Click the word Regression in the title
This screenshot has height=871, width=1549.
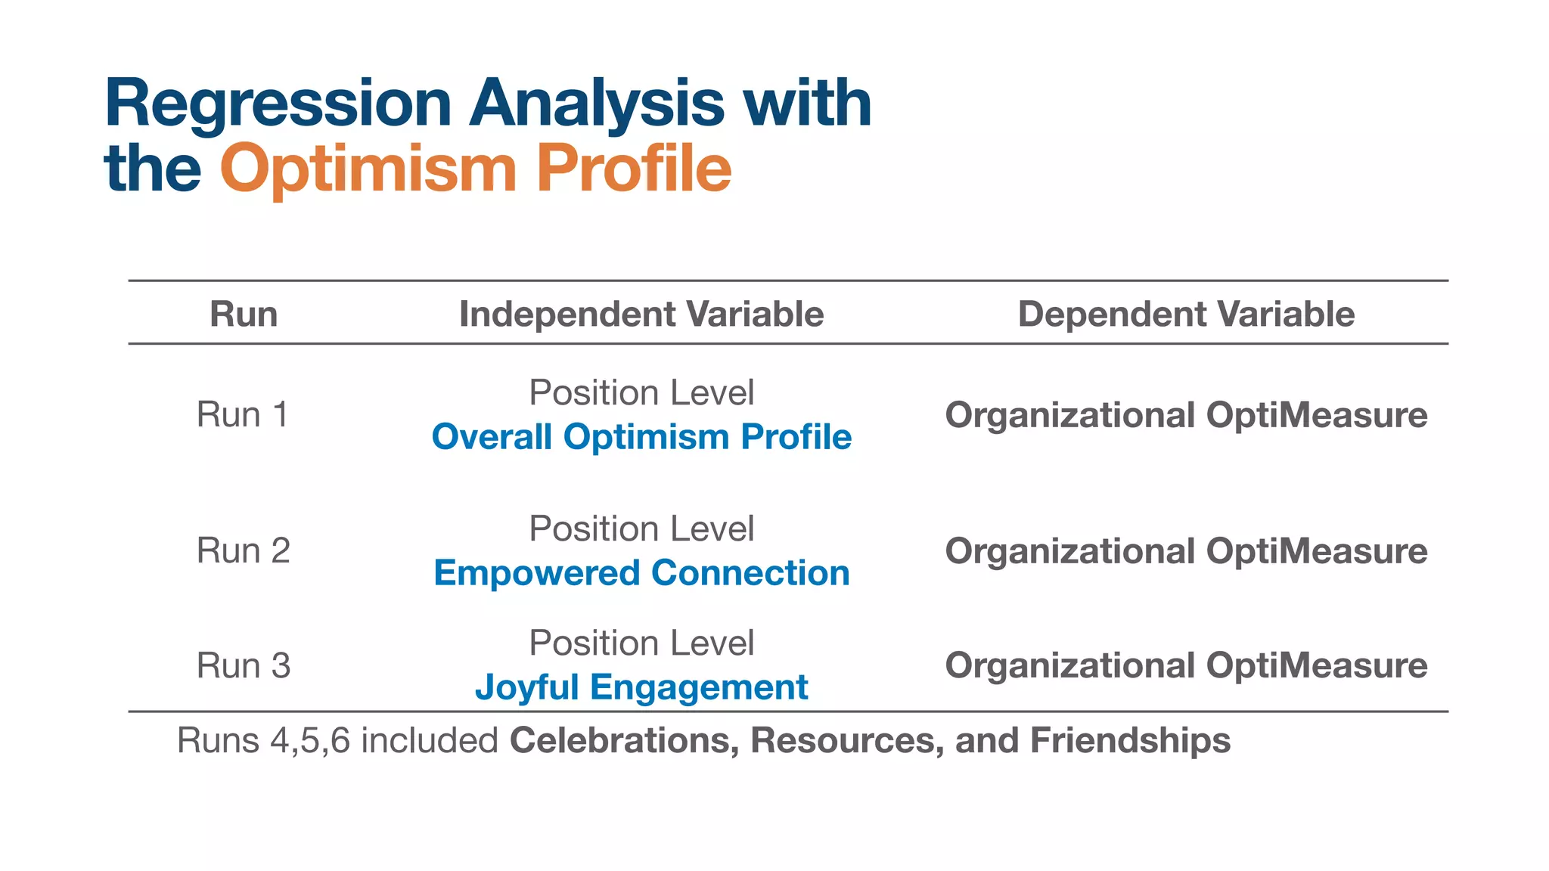click(x=278, y=104)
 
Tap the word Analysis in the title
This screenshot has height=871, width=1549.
click(x=596, y=104)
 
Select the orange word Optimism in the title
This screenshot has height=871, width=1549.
click(x=368, y=169)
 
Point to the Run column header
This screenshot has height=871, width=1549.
click(x=244, y=314)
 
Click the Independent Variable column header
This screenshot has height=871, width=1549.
click(x=641, y=314)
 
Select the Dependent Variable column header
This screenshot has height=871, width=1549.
click(x=1186, y=314)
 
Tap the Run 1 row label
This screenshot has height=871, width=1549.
click(x=243, y=415)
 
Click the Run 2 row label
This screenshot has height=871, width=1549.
click(x=243, y=551)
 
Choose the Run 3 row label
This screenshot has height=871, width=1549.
click(x=243, y=666)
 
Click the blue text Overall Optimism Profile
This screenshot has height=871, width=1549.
click(x=641, y=437)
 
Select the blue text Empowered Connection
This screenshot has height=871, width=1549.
click(x=641, y=573)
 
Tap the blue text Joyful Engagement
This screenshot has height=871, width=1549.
click(x=641, y=688)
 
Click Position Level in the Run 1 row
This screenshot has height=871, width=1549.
click(x=641, y=393)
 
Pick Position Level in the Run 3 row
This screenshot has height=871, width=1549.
click(x=641, y=643)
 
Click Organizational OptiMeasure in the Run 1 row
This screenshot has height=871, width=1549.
click(x=1186, y=415)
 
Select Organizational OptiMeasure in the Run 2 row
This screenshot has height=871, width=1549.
click(x=1186, y=551)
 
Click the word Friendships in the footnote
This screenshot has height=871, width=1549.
click(x=1130, y=740)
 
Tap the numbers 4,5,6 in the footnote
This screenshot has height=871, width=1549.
click(x=310, y=741)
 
